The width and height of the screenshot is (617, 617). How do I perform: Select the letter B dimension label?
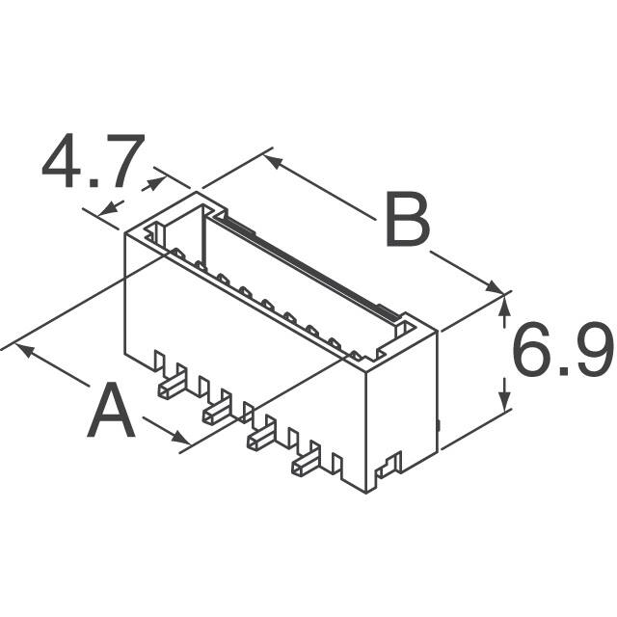pyautogui.click(x=407, y=223)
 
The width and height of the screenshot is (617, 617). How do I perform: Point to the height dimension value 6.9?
pyautogui.click(x=561, y=353)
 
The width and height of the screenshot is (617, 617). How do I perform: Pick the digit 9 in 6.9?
pyautogui.click(x=590, y=353)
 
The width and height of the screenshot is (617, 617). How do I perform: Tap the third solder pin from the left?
pyautogui.click(x=261, y=439)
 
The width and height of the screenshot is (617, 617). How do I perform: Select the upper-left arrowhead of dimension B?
pyautogui.click(x=272, y=160)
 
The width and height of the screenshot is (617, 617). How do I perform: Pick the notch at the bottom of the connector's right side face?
pyautogui.click(x=390, y=469)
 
